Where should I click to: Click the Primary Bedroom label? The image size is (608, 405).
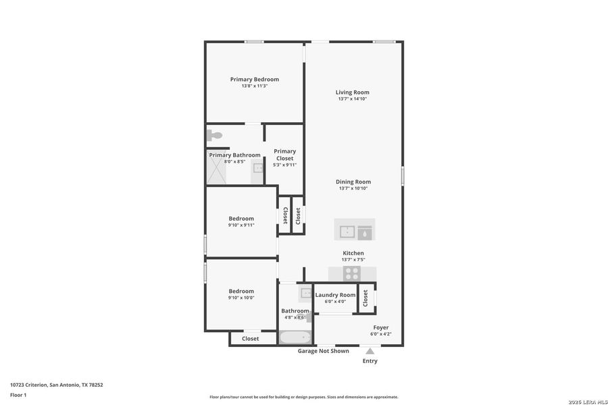pos(254,79)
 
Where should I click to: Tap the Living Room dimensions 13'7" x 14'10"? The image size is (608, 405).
pos(353,99)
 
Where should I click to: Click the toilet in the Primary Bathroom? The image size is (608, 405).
pos(215,136)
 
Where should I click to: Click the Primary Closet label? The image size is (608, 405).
pos(284,155)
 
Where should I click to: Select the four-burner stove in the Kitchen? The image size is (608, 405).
pos(352,273)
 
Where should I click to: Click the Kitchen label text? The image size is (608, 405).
pos(353,253)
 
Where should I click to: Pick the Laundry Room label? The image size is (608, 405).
pos(335,295)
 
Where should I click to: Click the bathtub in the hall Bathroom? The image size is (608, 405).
pos(295,337)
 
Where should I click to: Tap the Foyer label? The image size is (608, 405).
pos(381,327)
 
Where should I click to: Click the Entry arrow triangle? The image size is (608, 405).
pos(370,351)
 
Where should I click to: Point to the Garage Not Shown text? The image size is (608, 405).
pos(324,351)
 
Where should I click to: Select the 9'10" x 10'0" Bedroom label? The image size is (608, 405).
pos(241,291)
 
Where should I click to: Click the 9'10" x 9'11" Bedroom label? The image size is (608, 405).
pos(241,218)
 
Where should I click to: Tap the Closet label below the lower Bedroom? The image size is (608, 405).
pos(250,339)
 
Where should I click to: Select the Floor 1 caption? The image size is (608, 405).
pos(18,394)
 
